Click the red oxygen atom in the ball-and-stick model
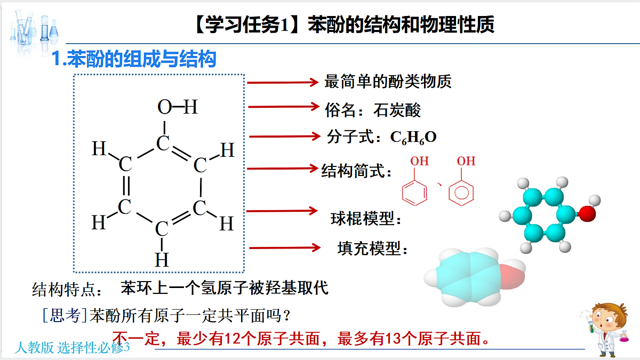click(587, 214)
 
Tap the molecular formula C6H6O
click(413, 138)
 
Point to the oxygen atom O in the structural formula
click(165, 107)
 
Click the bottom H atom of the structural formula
click(162, 260)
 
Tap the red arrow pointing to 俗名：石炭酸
click(284, 107)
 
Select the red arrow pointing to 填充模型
click(285, 247)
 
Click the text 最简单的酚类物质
click(388, 82)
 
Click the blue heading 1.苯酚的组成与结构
click(134, 59)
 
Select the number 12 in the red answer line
click(233, 339)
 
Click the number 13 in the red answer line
click(393, 339)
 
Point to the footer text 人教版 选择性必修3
click(72, 348)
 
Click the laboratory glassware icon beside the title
click(34, 31)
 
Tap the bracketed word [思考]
click(65, 316)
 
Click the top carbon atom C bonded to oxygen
click(163, 143)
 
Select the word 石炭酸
click(397, 110)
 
